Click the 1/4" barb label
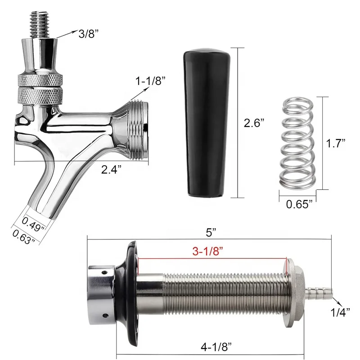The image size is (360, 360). point(341,310)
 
